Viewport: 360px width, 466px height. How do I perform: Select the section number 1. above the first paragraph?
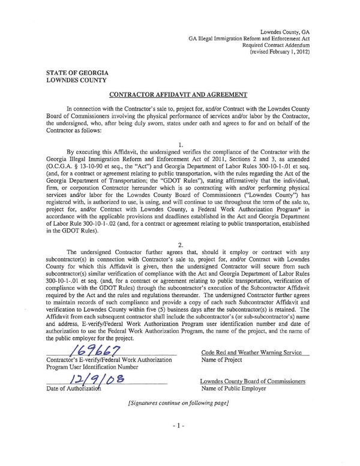[180, 145]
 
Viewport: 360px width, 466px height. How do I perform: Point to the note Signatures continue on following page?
[179, 402]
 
